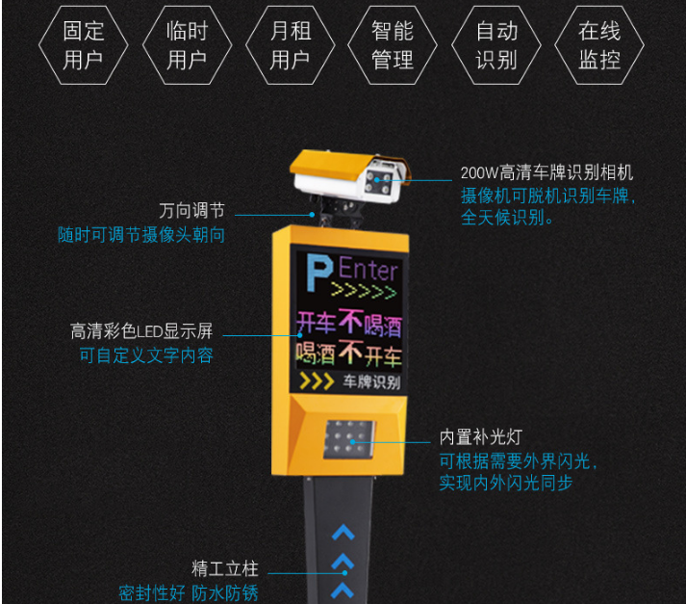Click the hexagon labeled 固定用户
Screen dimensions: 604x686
click(x=83, y=45)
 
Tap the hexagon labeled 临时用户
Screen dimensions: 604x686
click(x=186, y=45)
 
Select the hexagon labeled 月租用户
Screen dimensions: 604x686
click(x=289, y=45)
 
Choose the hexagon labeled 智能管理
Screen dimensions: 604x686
click(x=392, y=45)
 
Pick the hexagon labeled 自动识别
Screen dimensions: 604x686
click(x=495, y=45)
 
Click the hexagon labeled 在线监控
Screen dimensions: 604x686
click(x=598, y=45)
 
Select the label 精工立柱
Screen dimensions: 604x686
click(x=224, y=569)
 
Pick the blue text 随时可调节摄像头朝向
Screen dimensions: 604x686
click(x=140, y=235)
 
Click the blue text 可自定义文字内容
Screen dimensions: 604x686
click(x=146, y=355)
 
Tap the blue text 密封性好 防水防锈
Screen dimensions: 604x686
click(x=188, y=592)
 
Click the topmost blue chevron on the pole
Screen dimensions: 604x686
click(x=343, y=531)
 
